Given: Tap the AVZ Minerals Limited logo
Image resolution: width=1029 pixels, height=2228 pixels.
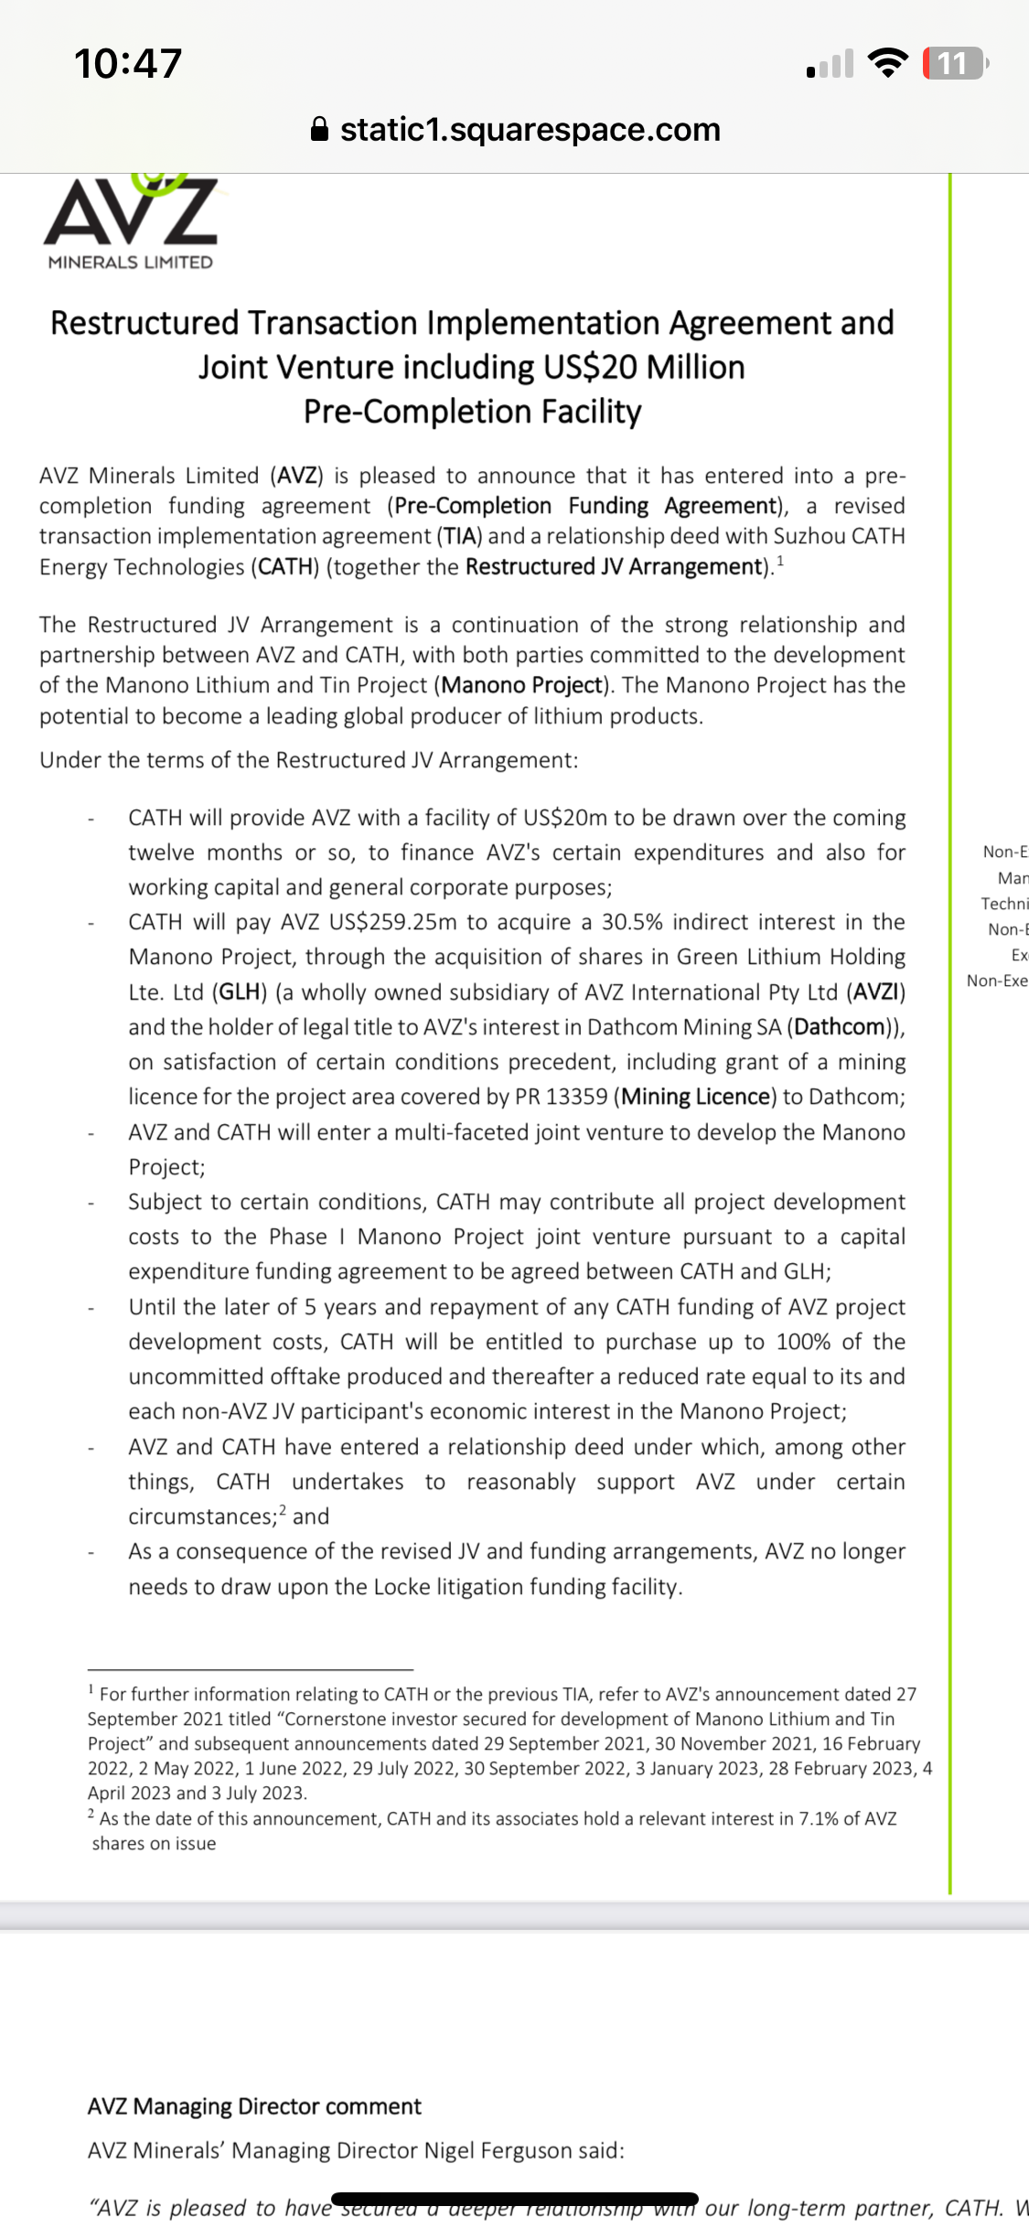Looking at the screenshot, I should [131, 222].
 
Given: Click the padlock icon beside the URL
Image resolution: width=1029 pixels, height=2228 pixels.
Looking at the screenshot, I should [319, 130].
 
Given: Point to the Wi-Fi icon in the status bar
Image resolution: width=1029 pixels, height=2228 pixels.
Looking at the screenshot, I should [886, 62].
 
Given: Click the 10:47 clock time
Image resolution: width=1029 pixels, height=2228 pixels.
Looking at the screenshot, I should [128, 63].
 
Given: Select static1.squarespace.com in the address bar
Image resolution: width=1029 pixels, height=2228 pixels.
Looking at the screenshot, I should [531, 130].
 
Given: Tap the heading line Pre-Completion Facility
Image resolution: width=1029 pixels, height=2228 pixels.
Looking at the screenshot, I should [472, 412].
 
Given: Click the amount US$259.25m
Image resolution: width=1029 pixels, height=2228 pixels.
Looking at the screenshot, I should [392, 922].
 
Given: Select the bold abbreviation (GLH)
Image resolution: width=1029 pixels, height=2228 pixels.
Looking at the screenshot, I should [240, 992].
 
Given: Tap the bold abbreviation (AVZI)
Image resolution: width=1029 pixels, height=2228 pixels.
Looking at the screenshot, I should [875, 992].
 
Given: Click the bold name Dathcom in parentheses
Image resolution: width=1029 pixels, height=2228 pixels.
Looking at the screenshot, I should [840, 1027].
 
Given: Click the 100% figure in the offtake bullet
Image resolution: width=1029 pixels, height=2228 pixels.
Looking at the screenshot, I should [803, 1342].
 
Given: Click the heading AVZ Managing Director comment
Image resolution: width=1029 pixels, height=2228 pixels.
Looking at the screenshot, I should [254, 2106].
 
